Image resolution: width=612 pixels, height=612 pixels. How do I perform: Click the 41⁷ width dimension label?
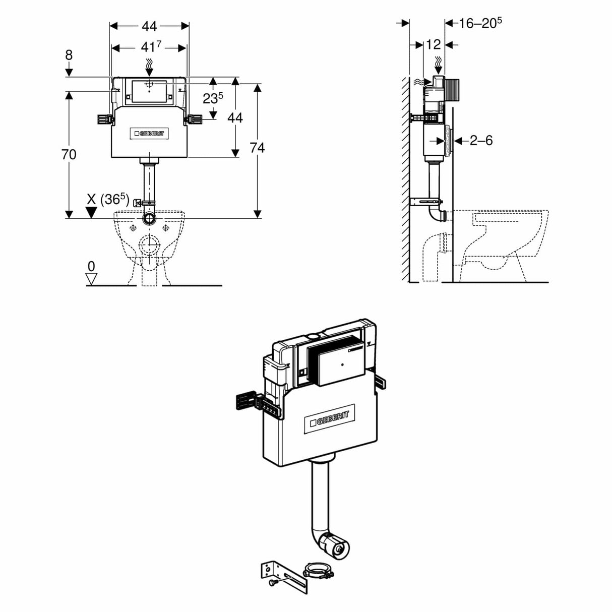pos(150,47)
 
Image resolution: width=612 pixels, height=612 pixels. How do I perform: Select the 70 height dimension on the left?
pos(69,154)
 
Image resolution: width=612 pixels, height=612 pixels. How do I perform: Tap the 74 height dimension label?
pos(257,147)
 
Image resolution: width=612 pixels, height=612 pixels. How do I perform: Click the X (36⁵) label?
pos(108,199)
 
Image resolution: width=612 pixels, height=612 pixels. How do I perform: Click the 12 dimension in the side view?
pos(433,45)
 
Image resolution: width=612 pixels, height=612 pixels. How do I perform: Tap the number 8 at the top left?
pos(69,55)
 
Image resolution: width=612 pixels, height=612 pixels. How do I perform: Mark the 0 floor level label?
pos(91,266)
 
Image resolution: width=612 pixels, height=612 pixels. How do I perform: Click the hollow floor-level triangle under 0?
pos(91,279)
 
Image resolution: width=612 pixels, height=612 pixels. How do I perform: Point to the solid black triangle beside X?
pos(91,212)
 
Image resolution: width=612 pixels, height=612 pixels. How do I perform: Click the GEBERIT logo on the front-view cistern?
pos(150,134)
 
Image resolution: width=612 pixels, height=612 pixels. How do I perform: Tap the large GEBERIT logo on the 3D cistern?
pos(330,417)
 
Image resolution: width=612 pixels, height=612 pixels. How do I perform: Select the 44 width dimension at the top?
pos(149,26)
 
